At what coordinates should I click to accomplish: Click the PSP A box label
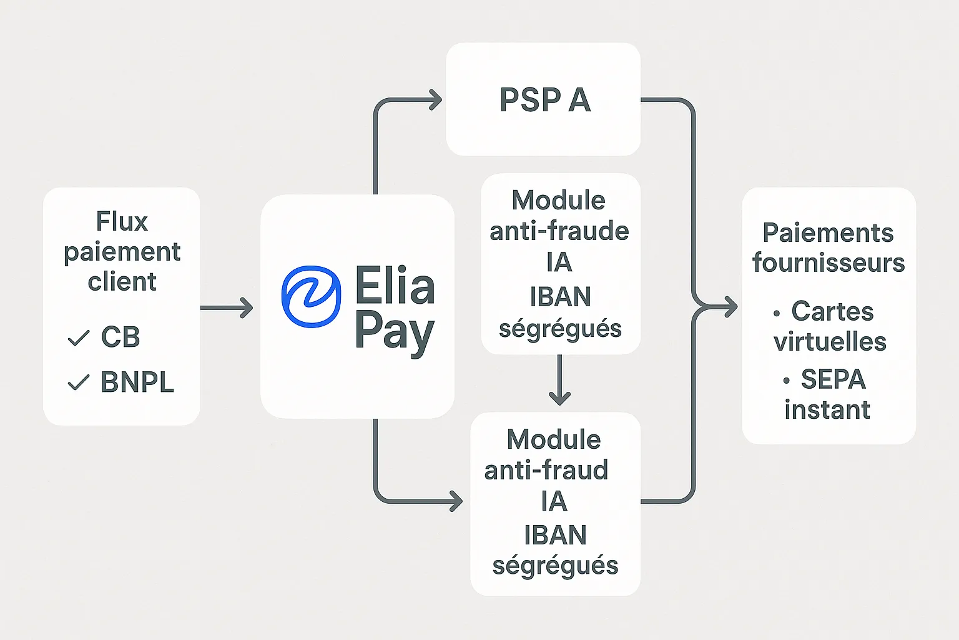click(x=544, y=100)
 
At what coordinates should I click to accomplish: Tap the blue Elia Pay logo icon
click(x=311, y=296)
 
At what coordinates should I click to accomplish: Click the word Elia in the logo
click(x=395, y=286)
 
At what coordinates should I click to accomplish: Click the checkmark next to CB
click(x=79, y=338)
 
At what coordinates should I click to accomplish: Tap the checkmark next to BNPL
click(x=79, y=382)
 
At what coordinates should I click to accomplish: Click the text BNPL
click(x=137, y=382)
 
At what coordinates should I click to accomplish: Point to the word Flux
click(x=122, y=221)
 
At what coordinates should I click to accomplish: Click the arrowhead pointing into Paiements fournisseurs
click(x=729, y=307)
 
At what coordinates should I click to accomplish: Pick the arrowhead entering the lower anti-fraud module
click(x=456, y=501)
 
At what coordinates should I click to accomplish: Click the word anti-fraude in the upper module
click(x=559, y=231)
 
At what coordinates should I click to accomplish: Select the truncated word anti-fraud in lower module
click(x=546, y=470)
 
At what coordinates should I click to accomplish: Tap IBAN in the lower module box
click(x=555, y=535)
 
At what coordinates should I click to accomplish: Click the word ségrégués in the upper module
click(x=560, y=329)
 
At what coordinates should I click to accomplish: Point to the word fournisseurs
click(x=829, y=263)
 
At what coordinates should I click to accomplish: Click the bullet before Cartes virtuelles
click(x=777, y=313)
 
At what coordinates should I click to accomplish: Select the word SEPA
click(x=833, y=379)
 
